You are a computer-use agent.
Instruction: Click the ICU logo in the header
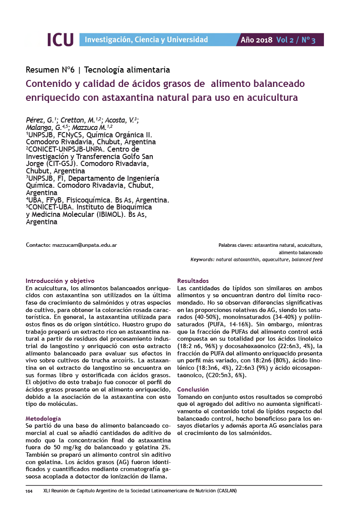pos(60,39)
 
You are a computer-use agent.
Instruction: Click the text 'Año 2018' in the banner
pos(256,40)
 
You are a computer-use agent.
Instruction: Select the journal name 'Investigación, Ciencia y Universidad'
pos(146,40)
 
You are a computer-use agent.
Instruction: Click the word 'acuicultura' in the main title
pos(272,97)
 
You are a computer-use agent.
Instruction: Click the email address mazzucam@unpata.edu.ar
pos(84,245)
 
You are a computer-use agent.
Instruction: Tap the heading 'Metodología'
pos(43,418)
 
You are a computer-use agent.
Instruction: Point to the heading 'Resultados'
pos(193,281)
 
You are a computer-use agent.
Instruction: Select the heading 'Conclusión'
pos(193,389)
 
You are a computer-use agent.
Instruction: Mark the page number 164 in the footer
pos(29,491)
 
